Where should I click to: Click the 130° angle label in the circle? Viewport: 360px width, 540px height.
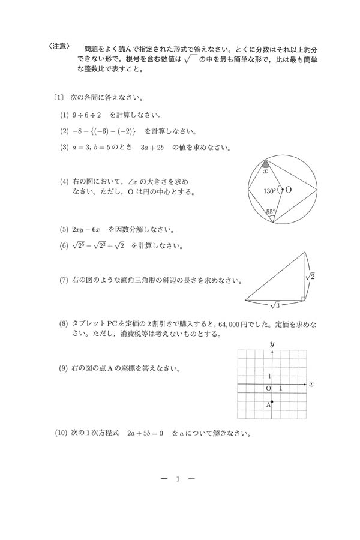click(x=269, y=191)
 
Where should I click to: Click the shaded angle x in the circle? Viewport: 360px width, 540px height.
click(x=265, y=165)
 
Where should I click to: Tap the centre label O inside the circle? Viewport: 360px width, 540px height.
click(x=289, y=190)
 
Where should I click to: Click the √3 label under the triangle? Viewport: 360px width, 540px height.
click(x=275, y=305)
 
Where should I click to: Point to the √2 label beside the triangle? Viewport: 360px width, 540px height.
click(x=310, y=276)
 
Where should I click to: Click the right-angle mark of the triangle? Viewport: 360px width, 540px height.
click(x=303, y=298)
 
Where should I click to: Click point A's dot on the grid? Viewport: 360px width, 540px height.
click(x=272, y=401)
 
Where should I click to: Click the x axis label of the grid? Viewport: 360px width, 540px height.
click(x=311, y=383)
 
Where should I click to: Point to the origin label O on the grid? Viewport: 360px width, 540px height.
click(x=268, y=389)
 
